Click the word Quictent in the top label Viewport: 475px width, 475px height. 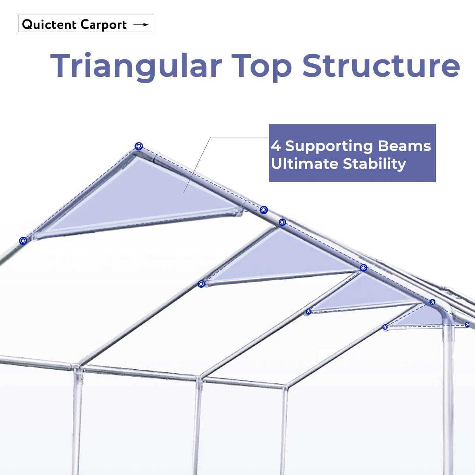tap(49, 25)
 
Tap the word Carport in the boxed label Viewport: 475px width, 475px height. tap(104, 25)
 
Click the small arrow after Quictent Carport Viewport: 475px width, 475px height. tap(141, 25)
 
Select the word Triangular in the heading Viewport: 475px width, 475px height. tap(135, 65)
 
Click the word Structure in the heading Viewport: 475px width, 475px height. tap(381, 65)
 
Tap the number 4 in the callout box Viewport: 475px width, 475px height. tap(275, 146)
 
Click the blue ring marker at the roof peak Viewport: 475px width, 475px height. tap(138, 146)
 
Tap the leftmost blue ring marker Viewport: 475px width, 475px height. tap(23, 240)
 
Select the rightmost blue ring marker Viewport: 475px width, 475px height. tap(467, 325)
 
